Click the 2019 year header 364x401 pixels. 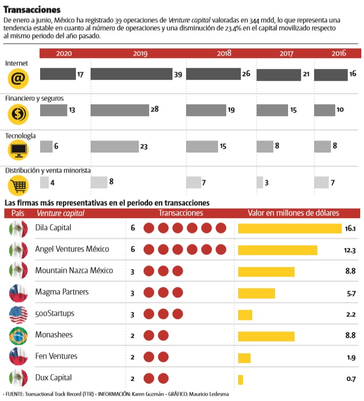click(141, 53)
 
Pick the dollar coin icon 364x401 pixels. click(18, 114)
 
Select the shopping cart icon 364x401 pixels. click(18, 187)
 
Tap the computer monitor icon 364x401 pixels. click(18, 150)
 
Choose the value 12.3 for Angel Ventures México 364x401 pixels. click(349, 250)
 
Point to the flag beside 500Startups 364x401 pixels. click(18, 314)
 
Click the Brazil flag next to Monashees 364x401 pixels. click(18, 336)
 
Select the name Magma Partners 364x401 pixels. click(61, 292)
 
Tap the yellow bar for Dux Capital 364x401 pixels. click(240, 379)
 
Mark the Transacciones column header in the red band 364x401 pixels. click(181, 213)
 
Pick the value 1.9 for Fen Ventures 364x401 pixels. click(350, 357)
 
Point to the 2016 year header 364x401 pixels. click(339, 53)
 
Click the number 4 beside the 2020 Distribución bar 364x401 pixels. click(52, 183)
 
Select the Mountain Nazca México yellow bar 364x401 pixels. click(266, 271)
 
